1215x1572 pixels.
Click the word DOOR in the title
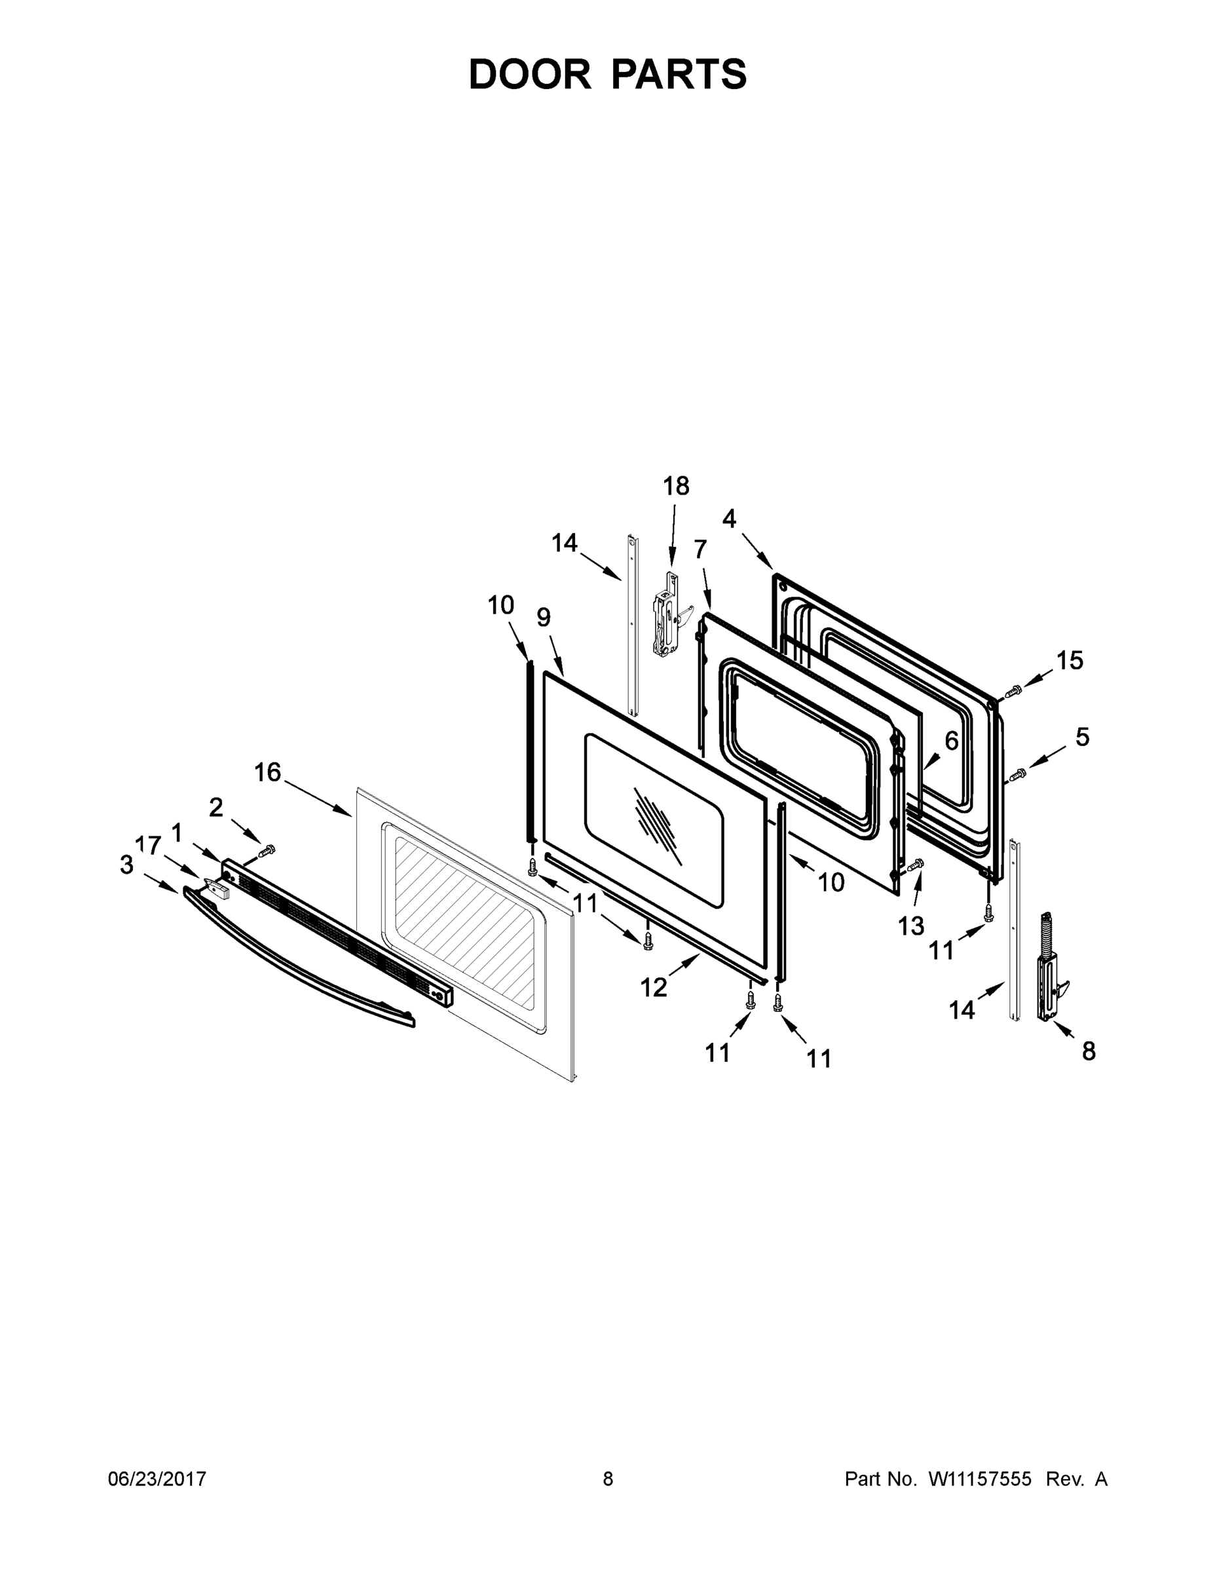point(529,75)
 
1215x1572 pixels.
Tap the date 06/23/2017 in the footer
point(157,1478)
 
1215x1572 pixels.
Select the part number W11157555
point(980,1478)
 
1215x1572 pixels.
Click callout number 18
point(676,487)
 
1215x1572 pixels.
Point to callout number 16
point(267,772)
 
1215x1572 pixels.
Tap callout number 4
point(730,518)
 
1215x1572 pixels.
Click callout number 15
point(1070,660)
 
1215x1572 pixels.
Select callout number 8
point(1089,1051)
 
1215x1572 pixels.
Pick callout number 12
point(654,988)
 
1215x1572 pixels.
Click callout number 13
point(910,926)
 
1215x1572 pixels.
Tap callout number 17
point(148,845)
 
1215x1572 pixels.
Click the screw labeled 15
point(1012,691)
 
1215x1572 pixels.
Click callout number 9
point(544,617)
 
